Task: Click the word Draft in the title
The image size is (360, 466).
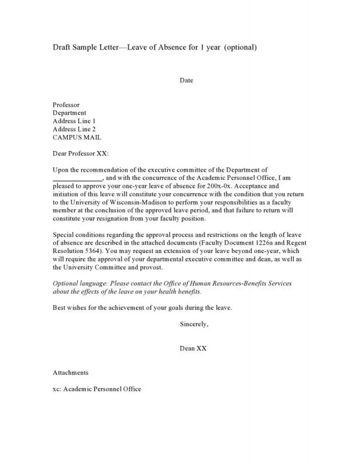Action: (62, 47)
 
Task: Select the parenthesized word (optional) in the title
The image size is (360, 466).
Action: (241, 47)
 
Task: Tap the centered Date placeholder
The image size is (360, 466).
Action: (187, 81)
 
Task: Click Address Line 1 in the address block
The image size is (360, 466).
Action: (74, 121)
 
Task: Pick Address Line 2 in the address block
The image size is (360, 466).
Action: (74, 129)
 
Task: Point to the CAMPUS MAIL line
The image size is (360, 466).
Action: (77, 137)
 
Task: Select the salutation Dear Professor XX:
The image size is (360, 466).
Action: (81, 154)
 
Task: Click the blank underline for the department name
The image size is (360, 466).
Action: (78, 178)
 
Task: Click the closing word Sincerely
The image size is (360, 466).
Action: (194, 324)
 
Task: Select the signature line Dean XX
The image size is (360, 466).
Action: (193, 349)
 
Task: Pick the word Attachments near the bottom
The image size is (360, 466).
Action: (71, 373)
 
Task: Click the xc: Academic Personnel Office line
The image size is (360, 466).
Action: (97, 389)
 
